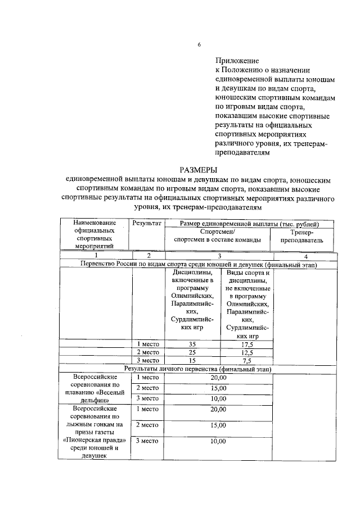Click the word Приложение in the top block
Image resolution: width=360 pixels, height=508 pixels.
pos(237,60)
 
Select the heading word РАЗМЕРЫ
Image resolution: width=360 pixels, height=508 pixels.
pos(198,170)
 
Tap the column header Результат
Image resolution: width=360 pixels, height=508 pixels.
pos(147,224)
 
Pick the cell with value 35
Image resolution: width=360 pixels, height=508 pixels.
pos(192,344)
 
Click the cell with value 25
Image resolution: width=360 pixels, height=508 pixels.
pos(192,352)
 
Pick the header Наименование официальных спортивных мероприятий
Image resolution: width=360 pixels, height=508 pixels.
pos(94,234)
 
